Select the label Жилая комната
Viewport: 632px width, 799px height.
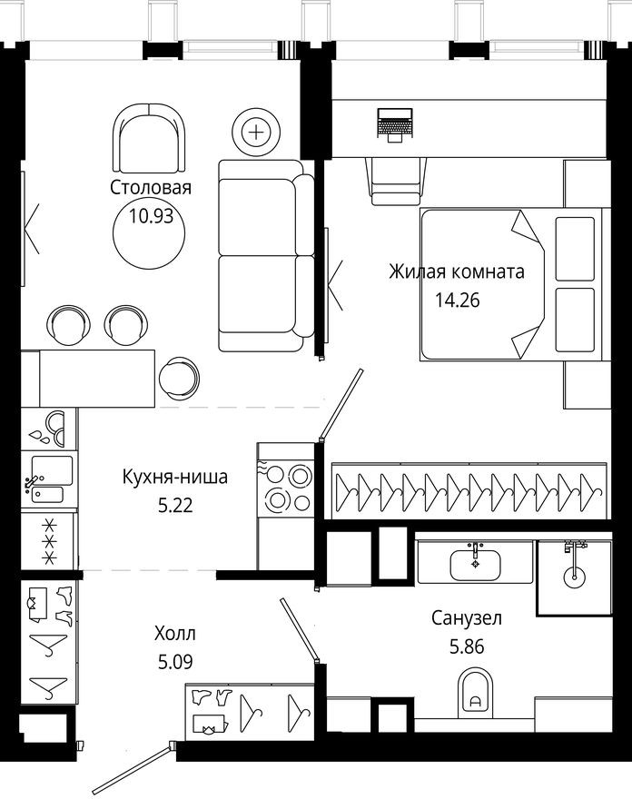[457, 271]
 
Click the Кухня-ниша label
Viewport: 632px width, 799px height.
[174, 476]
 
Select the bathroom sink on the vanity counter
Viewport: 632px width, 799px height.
[475, 563]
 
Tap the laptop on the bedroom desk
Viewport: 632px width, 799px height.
[396, 123]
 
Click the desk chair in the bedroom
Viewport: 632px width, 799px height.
[397, 179]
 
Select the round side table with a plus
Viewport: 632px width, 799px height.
[257, 133]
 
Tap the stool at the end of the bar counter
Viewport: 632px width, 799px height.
[178, 375]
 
